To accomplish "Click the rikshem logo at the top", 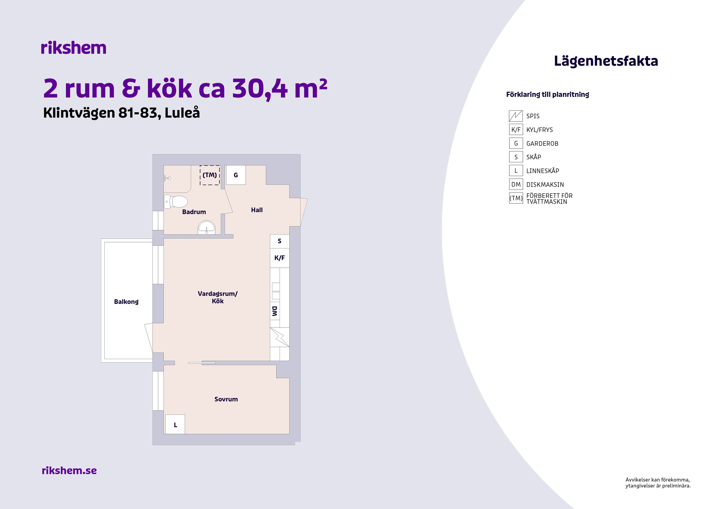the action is (x=74, y=48).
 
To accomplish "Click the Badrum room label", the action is (x=194, y=212).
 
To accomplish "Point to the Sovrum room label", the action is (x=226, y=399).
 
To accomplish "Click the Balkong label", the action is (x=126, y=302).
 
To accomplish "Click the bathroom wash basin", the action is (x=206, y=227).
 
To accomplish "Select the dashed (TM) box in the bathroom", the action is (x=210, y=175).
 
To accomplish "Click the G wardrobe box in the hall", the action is (x=236, y=175).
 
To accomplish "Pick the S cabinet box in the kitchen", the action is (x=280, y=241).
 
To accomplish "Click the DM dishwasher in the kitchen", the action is (x=275, y=311).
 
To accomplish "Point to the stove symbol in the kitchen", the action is (x=280, y=337).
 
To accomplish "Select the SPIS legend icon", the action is (x=516, y=116).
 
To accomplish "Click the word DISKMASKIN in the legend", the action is (x=545, y=185).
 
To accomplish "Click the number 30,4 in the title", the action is (x=260, y=89).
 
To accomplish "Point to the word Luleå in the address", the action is (x=182, y=113).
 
